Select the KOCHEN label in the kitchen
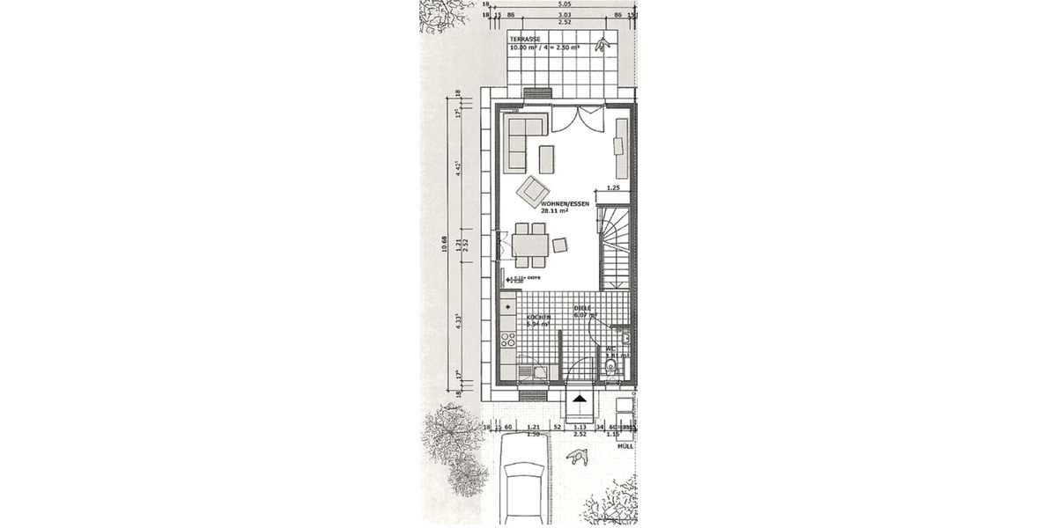click(x=539, y=317)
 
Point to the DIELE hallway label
click(x=581, y=308)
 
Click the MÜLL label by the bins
click(x=626, y=446)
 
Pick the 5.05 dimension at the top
click(x=561, y=4)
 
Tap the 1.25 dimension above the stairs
click(x=614, y=188)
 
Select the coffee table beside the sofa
click(x=547, y=158)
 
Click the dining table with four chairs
click(x=530, y=243)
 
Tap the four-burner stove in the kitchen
click(x=508, y=340)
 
